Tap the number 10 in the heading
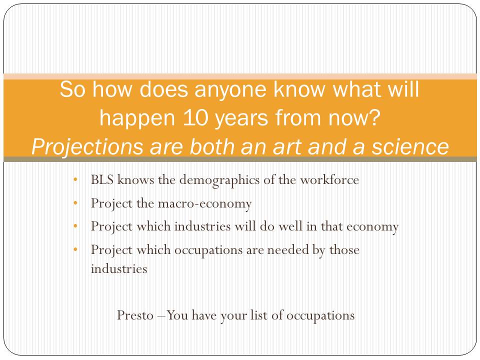196,118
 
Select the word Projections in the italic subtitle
87,147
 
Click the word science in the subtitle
410,146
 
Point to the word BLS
102,179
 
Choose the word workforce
329,179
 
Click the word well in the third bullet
290,226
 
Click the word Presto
135,315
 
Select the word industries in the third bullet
202,226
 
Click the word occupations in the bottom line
320,316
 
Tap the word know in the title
299,90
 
